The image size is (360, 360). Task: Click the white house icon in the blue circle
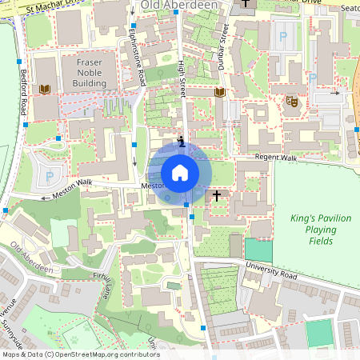click(x=179, y=172)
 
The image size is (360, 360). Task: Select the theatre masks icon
click(x=291, y=101)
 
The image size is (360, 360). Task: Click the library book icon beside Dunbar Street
click(x=219, y=93)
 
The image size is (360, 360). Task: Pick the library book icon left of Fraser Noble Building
click(x=45, y=89)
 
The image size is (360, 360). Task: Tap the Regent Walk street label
click(x=276, y=158)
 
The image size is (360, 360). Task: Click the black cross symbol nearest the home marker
click(x=216, y=194)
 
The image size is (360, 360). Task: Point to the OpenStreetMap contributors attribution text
click(x=80, y=354)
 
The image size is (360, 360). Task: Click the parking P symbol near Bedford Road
click(x=50, y=176)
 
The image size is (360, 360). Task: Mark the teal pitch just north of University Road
click(x=258, y=250)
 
